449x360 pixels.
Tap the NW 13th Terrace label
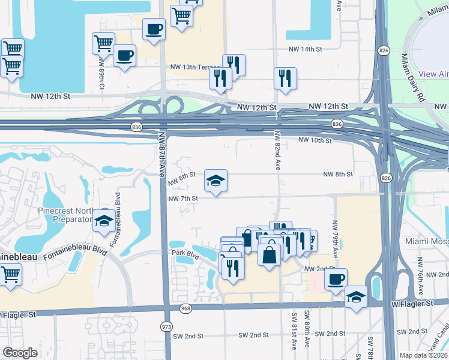196,67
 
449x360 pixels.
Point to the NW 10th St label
315,140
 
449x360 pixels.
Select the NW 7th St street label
183,198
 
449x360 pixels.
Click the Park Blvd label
184,254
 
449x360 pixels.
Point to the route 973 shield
166,326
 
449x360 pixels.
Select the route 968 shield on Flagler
185,308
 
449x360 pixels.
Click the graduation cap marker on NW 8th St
215,179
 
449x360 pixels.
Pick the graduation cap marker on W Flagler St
356,296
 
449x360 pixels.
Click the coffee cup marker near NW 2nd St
336,279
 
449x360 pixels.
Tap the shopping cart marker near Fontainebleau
11,275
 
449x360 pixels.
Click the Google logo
20,353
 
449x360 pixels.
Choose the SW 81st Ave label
295,339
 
